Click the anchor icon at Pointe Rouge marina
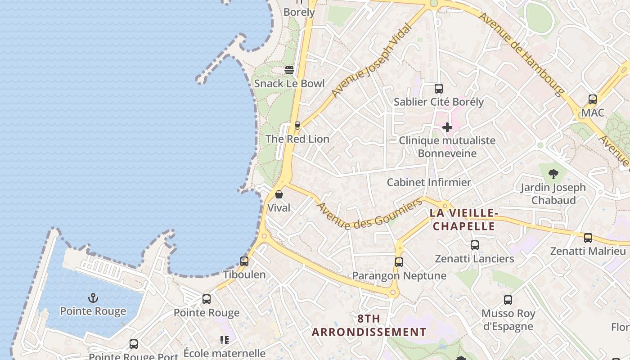[x=93, y=297]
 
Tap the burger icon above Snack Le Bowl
[x=289, y=70]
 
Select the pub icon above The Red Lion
[x=297, y=126]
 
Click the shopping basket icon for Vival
[x=279, y=194]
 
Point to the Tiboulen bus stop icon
[x=244, y=261]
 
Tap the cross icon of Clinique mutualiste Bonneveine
[x=447, y=127]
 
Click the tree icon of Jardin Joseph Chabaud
[x=553, y=174]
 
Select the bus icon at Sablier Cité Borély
[x=439, y=89]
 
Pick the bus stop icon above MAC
[x=593, y=99]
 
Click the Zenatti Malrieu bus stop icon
[x=588, y=238]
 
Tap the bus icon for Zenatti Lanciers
[x=475, y=245]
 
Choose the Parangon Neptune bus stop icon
[x=399, y=262]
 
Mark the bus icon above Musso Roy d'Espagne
[x=508, y=300]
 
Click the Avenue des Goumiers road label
[x=370, y=215]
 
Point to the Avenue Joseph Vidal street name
[x=372, y=61]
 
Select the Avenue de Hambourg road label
[x=521, y=54]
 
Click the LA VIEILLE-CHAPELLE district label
[x=463, y=219]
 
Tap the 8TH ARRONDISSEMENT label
[x=369, y=325]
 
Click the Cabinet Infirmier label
[x=429, y=182]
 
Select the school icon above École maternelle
[x=225, y=340]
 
